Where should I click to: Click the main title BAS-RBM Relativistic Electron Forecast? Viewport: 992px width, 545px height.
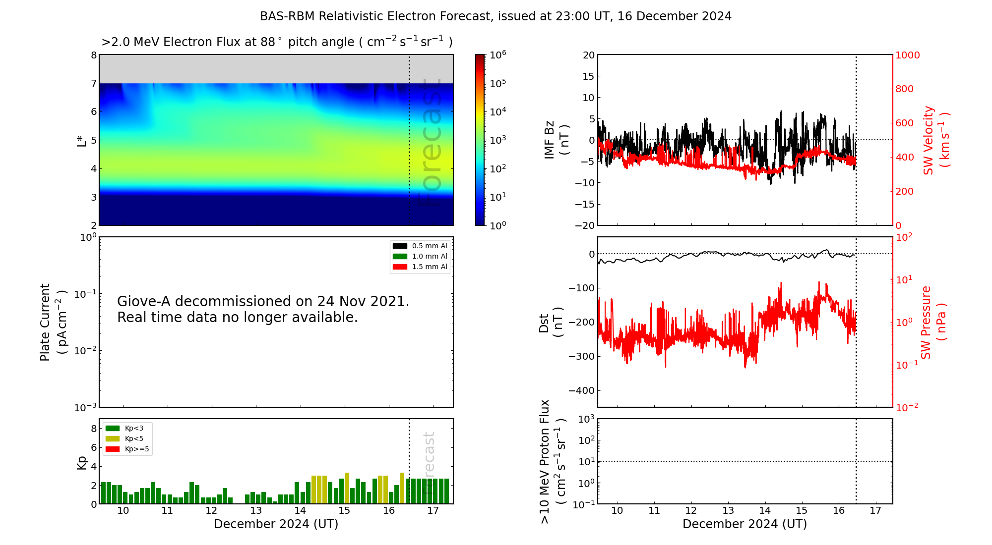click(x=375, y=16)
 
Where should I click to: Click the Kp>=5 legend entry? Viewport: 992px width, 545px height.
click(x=127, y=449)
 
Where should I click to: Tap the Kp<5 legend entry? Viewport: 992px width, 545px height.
click(x=124, y=438)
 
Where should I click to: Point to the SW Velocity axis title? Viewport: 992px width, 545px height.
click(x=935, y=140)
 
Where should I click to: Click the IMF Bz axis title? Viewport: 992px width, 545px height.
click(x=557, y=140)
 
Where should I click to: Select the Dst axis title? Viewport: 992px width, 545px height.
click(x=551, y=323)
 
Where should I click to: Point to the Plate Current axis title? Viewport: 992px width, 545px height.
click(x=53, y=322)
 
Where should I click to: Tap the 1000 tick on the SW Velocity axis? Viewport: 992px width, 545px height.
click(x=907, y=55)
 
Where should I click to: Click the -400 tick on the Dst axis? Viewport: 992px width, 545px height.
click(x=581, y=390)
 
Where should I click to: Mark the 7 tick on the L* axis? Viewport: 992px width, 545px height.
click(x=94, y=83)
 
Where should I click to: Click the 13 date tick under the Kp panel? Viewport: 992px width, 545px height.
click(x=256, y=511)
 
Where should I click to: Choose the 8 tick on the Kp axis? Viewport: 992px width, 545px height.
click(x=94, y=429)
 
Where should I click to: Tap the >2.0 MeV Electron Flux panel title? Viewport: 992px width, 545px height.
click(x=277, y=42)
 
